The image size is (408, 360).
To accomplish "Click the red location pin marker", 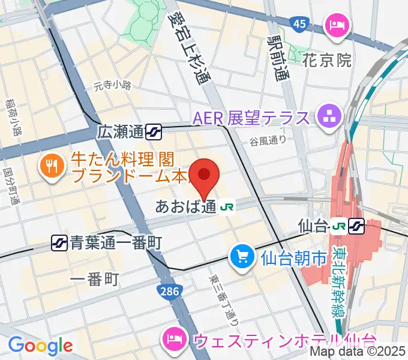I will point(205,175).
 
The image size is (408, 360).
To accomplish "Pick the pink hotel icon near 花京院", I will point(333,25).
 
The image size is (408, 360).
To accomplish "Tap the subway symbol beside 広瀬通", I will point(155,131).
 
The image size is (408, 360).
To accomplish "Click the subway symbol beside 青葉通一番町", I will point(59,242).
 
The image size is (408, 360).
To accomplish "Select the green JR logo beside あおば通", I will point(227,207).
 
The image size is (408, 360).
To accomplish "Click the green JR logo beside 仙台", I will point(338,226).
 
